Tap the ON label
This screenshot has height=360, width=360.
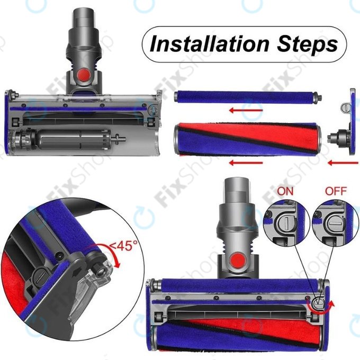286,190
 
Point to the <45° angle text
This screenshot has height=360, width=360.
123,246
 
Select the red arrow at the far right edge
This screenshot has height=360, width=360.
339,162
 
